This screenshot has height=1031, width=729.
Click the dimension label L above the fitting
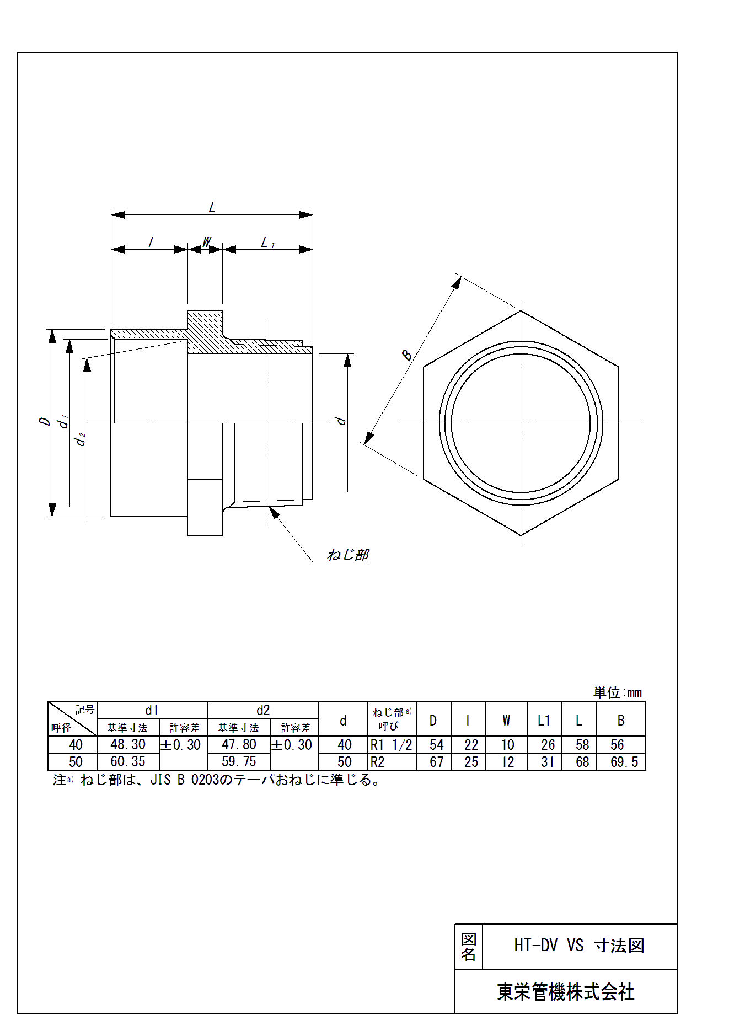pos(212,208)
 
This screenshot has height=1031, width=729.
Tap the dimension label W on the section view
pos(207,242)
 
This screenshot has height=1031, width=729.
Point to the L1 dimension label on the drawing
pos(268,242)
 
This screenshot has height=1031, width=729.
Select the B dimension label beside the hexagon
pos(407,355)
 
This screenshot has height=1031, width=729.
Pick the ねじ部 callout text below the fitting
pos(347,555)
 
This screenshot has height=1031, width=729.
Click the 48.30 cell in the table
pos(128,745)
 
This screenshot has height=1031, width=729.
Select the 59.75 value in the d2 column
pos(239,762)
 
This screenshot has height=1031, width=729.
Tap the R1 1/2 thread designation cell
pos(392,745)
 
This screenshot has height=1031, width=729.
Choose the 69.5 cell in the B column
pos(624,762)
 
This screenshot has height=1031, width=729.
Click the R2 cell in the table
pos(378,762)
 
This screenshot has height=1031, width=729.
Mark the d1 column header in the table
pos(152,710)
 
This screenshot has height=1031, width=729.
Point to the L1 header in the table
pos(544,720)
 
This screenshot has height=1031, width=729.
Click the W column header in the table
pos(506,720)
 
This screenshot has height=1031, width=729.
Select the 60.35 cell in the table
pos(128,762)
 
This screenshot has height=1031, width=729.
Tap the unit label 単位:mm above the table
pos(618,692)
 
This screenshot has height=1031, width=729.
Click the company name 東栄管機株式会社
pos(566,992)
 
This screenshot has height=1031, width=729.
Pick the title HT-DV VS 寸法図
pos(579,946)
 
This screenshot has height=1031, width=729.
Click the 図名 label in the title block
pos(469,947)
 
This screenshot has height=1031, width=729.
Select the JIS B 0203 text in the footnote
pos(185,780)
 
